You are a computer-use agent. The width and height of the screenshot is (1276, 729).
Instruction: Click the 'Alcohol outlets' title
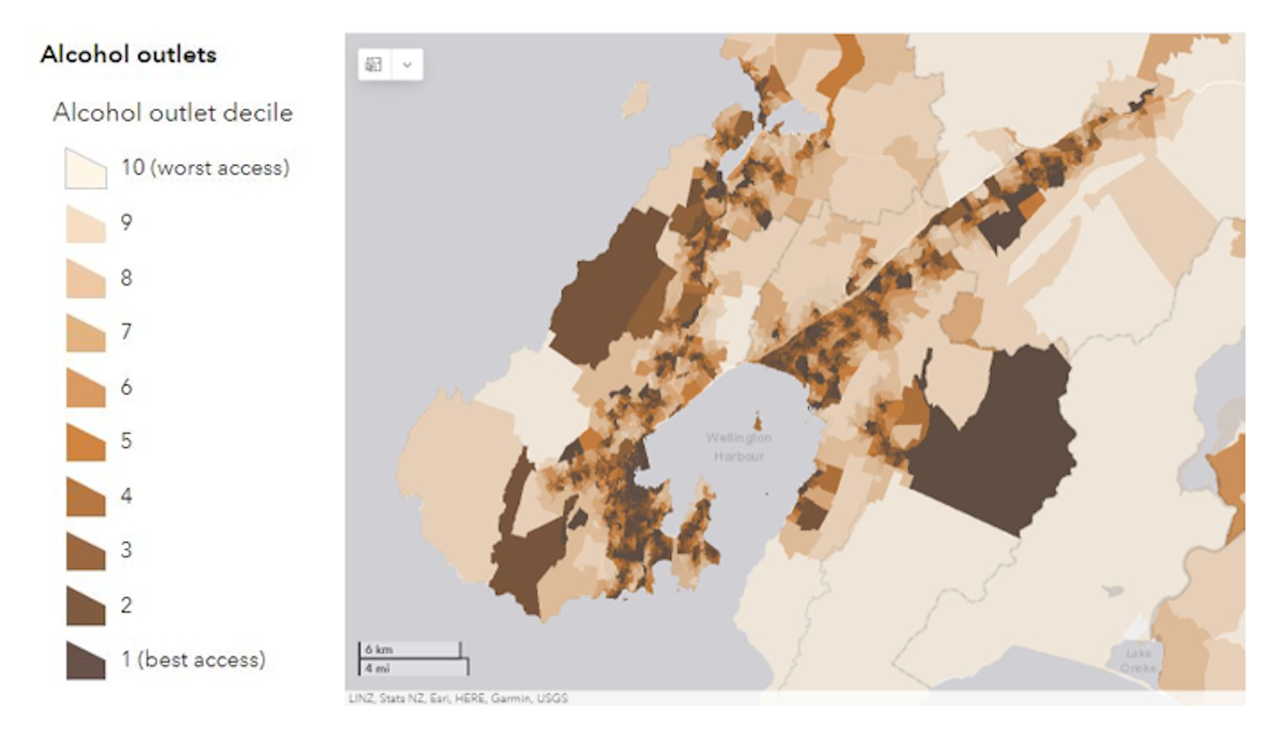tap(128, 54)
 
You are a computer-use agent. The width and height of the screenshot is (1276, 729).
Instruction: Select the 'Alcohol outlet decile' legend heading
tap(173, 113)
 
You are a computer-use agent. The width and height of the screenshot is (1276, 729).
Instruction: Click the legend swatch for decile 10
tap(86, 169)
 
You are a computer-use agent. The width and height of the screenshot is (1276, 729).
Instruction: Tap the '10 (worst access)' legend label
tap(205, 167)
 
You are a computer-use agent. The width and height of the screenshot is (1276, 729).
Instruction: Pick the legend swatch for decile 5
tap(86, 442)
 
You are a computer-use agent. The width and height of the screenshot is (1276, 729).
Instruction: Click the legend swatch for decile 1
tap(86, 661)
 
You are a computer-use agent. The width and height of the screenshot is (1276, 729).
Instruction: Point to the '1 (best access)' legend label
tap(193, 659)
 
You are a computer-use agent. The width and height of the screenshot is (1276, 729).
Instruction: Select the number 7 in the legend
tap(126, 332)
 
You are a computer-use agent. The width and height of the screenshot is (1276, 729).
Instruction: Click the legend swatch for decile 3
tap(86, 551)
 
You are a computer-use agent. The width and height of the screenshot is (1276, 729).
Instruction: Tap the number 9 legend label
tap(126, 222)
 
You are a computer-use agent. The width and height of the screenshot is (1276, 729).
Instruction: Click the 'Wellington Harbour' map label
tap(738, 447)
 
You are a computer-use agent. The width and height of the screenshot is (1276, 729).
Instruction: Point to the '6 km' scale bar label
tap(379, 649)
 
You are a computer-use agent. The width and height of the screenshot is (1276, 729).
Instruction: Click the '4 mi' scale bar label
tap(377, 668)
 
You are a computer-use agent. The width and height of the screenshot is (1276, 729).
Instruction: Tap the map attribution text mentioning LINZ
tap(458, 698)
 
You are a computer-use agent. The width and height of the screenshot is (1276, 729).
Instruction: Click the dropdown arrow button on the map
tap(407, 64)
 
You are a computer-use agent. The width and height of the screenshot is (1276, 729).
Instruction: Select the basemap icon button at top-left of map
tap(373, 64)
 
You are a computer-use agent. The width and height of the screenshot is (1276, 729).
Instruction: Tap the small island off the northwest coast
tap(637, 98)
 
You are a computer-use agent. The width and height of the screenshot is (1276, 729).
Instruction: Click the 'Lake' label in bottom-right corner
tap(1138, 653)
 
